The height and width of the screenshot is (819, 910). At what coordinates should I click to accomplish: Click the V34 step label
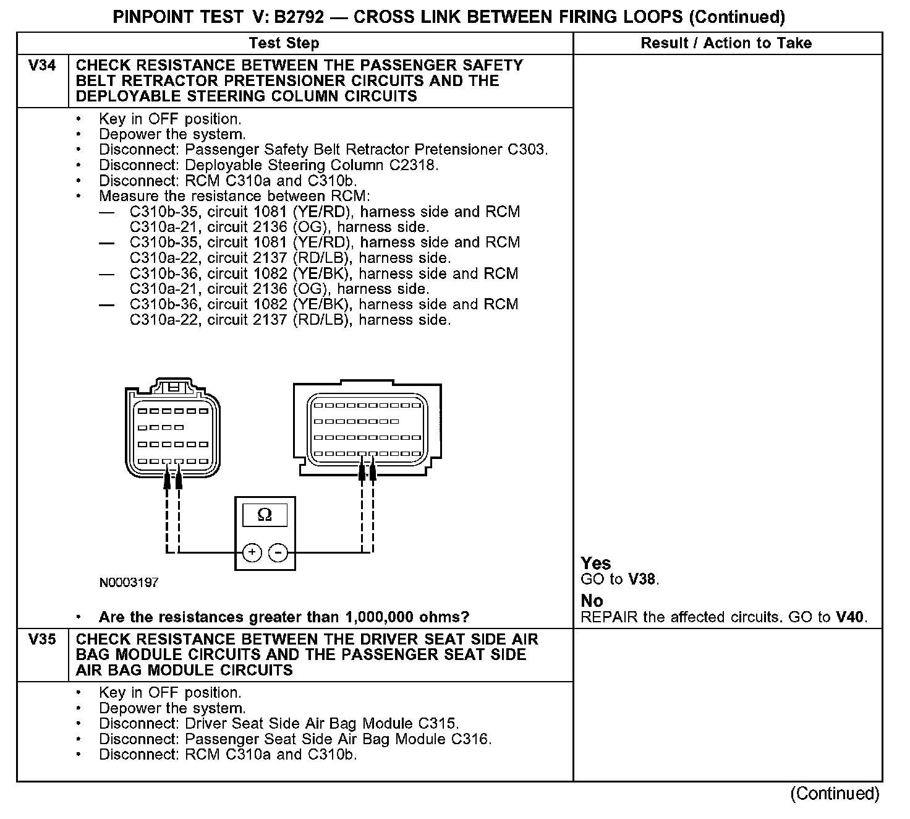click(42, 66)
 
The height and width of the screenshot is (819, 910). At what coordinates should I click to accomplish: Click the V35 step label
click(42, 640)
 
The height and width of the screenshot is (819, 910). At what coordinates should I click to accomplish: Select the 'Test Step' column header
click(284, 43)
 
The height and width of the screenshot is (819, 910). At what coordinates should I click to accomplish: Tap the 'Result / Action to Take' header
click(726, 43)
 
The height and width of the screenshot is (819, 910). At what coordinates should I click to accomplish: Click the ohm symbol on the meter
click(265, 515)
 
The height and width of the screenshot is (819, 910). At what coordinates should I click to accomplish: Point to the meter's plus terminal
click(252, 552)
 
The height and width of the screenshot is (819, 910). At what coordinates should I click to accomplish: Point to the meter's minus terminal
click(279, 552)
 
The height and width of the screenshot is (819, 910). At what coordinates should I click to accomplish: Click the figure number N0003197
click(129, 583)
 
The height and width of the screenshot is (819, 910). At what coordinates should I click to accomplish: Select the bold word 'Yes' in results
click(596, 564)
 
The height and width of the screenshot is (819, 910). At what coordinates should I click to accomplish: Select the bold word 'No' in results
click(592, 601)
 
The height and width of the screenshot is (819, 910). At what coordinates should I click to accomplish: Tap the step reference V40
click(851, 617)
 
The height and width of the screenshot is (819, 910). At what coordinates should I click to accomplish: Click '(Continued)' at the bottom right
click(835, 794)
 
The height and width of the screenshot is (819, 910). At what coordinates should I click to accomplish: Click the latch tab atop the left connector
click(174, 387)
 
